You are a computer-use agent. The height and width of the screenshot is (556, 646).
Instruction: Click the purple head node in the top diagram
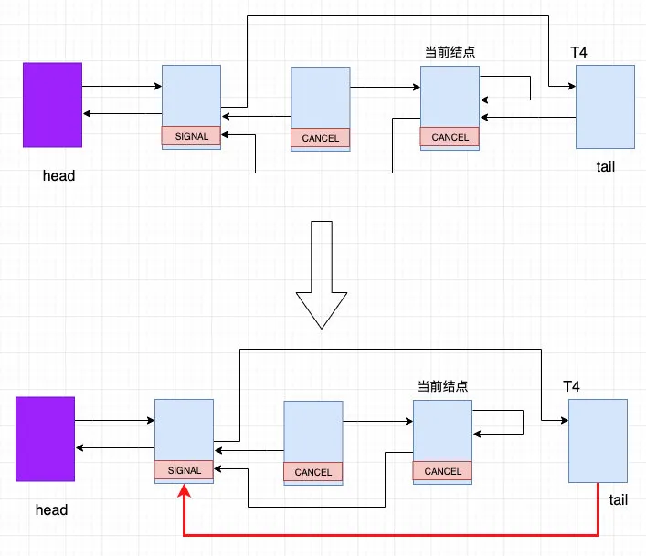coord(53,104)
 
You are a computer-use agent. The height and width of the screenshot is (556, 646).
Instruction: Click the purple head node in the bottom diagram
coord(45,438)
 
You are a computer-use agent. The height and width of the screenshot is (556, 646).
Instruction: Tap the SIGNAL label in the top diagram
coord(191,137)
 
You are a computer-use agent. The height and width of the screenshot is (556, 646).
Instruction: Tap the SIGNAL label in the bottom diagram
coord(184,471)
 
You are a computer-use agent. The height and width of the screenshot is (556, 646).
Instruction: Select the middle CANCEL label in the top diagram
coord(320,138)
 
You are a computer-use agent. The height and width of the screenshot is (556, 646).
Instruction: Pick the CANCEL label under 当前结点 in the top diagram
coord(450,137)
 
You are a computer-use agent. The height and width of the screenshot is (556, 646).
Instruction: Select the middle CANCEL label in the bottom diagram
coord(313,472)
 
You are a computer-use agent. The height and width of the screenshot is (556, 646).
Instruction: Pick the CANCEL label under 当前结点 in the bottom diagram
coord(443,471)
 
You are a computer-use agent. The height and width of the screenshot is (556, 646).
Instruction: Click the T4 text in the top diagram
coord(578,52)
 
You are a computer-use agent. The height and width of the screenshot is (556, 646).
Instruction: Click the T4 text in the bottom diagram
coord(571,386)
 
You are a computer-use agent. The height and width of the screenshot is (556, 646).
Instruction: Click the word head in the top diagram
coord(58,175)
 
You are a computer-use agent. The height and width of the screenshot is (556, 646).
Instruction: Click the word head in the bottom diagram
coord(51,509)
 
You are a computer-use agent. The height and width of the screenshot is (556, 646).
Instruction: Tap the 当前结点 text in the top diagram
coord(450,52)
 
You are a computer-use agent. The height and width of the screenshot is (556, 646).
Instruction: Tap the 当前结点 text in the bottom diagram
coord(443,386)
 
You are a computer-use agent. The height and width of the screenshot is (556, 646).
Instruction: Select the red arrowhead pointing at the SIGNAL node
coord(184,490)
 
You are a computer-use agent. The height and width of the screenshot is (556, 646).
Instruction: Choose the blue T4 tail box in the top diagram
coord(605,106)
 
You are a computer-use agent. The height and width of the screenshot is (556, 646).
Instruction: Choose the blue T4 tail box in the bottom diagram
coord(598,440)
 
